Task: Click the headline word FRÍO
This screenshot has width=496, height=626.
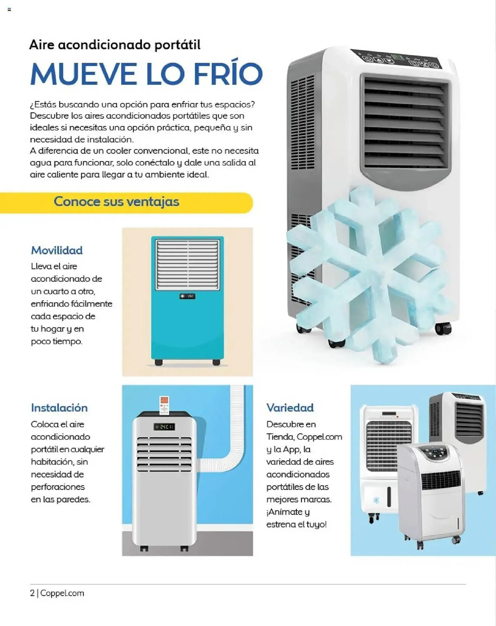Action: (x=228, y=74)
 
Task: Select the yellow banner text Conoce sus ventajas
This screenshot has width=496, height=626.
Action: (x=116, y=202)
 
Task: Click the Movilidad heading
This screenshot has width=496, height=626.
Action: (x=57, y=250)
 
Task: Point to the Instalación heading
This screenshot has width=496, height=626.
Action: (x=59, y=408)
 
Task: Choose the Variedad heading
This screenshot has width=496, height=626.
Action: (x=290, y=408)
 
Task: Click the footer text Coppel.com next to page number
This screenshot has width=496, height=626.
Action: (x=62, y=593)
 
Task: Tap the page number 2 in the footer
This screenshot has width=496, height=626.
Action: (x=32, y=593)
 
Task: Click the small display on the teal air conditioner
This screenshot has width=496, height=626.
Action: (x=187, y=296)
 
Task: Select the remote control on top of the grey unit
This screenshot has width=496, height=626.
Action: (x=164, y=405)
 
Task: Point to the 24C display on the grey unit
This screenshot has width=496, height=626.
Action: (x=164, y=427)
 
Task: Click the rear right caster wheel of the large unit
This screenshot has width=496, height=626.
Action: (x=443, y=329)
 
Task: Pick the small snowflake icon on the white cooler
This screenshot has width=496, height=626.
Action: (x=376, y=500)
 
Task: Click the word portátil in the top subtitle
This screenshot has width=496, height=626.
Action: (x=177, y=45)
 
